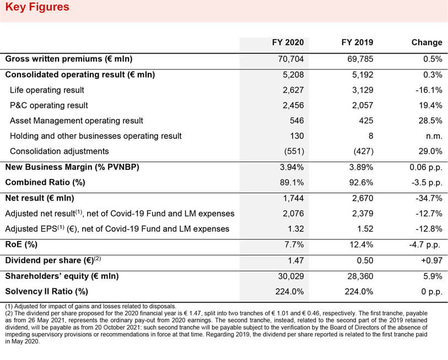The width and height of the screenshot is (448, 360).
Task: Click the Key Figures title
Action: pos(37,7)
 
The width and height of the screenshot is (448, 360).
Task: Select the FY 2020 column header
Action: pos(288,42)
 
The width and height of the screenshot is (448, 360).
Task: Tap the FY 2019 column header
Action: pos(357,42)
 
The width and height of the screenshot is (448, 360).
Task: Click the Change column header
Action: pos(427,42)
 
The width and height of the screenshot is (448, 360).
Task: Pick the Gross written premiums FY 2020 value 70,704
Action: pos(291,59)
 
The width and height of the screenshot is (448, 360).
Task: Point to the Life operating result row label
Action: pos(47,90)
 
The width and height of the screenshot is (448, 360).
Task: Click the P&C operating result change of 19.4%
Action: pos(430,105)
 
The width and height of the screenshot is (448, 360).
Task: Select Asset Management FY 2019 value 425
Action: pos(366,121)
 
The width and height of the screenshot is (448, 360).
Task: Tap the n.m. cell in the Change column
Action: pos(434,136)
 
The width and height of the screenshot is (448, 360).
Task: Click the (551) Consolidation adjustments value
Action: pos(294,151)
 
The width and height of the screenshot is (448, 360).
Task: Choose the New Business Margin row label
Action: pos(72,167)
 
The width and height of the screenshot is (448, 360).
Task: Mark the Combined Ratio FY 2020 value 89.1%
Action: pos(292,182)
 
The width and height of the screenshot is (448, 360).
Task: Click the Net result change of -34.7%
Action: pos(429,198)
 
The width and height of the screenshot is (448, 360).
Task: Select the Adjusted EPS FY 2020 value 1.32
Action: pos(295,229)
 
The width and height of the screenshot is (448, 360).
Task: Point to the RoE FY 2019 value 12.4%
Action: pos(361,245)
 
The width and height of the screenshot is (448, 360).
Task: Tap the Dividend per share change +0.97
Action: pos(431,261)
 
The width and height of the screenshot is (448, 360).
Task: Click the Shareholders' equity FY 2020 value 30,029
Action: pos(291,276)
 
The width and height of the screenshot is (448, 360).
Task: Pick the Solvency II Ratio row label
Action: pos(47,292)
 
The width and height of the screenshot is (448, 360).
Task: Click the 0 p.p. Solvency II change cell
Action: pos(431,292)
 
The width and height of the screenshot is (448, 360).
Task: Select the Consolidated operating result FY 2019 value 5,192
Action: pos(363,75)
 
